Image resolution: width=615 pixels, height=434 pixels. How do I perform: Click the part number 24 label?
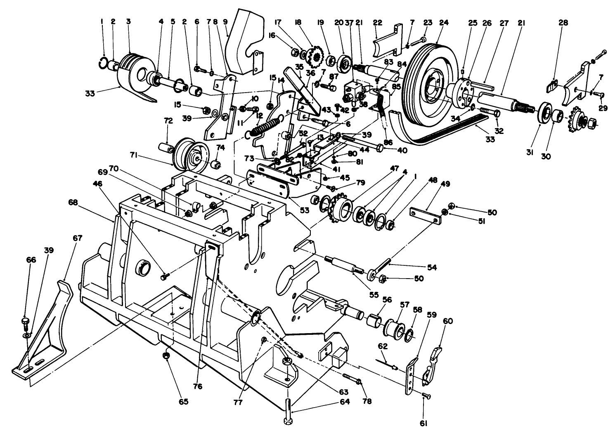coord(444,24)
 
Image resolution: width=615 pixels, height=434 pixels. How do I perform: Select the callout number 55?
coord(374,295)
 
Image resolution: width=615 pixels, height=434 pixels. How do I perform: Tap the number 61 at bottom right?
coord(423,423)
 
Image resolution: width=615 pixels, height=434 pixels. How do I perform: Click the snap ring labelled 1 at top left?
coord(104,62)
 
